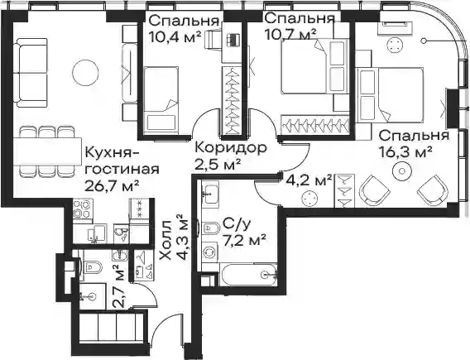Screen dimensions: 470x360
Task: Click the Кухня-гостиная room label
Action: pyautogui.click(x=122, y=161)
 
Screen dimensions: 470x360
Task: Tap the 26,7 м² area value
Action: pyautogui.click(x=112, y=185)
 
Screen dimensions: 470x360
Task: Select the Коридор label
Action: pyautogui.click(x=231, y=147)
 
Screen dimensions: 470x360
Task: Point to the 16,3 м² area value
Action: pyautogui.click(x=405, y=152)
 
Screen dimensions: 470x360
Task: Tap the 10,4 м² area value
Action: pyautogui.click(x=175, y=37)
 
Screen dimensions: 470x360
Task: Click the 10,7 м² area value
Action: pyautogui.click(x=290, y=34)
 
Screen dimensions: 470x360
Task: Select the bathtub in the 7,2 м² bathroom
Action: pyautogui.click(x=249, y=275)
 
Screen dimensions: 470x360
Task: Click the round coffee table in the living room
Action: pyautogui.click(x=86, y=73)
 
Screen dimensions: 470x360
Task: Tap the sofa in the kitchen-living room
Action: pyautogui.click(x=31, y=73)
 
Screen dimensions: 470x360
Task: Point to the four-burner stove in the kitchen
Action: pyautogui.click(x=83, y=209)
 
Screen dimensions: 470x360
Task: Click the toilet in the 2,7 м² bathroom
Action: pyautogui.click(x=92, y=266)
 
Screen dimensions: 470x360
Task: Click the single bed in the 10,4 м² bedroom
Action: pyautogui.click(x=161, y=101)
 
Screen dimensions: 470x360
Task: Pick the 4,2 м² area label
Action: pyautogui.click(x=309, y=180)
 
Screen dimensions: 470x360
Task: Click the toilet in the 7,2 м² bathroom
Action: pyautogui.click(x=211, y=228)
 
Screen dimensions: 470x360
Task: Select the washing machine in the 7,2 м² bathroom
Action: pyautogui.click(x=210, y=252)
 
